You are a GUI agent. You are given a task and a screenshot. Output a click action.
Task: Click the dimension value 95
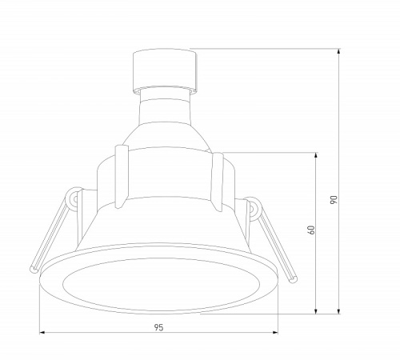click(158, 327)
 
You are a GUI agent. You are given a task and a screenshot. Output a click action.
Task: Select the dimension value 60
click(311, 230)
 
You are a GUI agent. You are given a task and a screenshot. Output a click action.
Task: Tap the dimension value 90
click(334, 200)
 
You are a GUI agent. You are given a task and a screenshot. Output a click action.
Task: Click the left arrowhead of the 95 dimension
click(42, 333)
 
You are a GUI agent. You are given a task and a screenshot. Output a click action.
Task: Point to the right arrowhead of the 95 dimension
click(275, 333)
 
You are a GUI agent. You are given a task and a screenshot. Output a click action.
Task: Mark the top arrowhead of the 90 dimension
click(338, 51)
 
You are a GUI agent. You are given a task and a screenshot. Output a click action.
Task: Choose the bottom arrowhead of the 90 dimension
click(338, 311)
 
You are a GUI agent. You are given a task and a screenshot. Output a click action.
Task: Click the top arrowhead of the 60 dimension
click(316, 155)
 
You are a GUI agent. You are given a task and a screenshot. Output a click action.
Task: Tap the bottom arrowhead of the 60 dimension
click(316, 311)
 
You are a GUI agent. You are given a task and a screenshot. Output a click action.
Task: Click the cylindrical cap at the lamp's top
click(165, 70)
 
